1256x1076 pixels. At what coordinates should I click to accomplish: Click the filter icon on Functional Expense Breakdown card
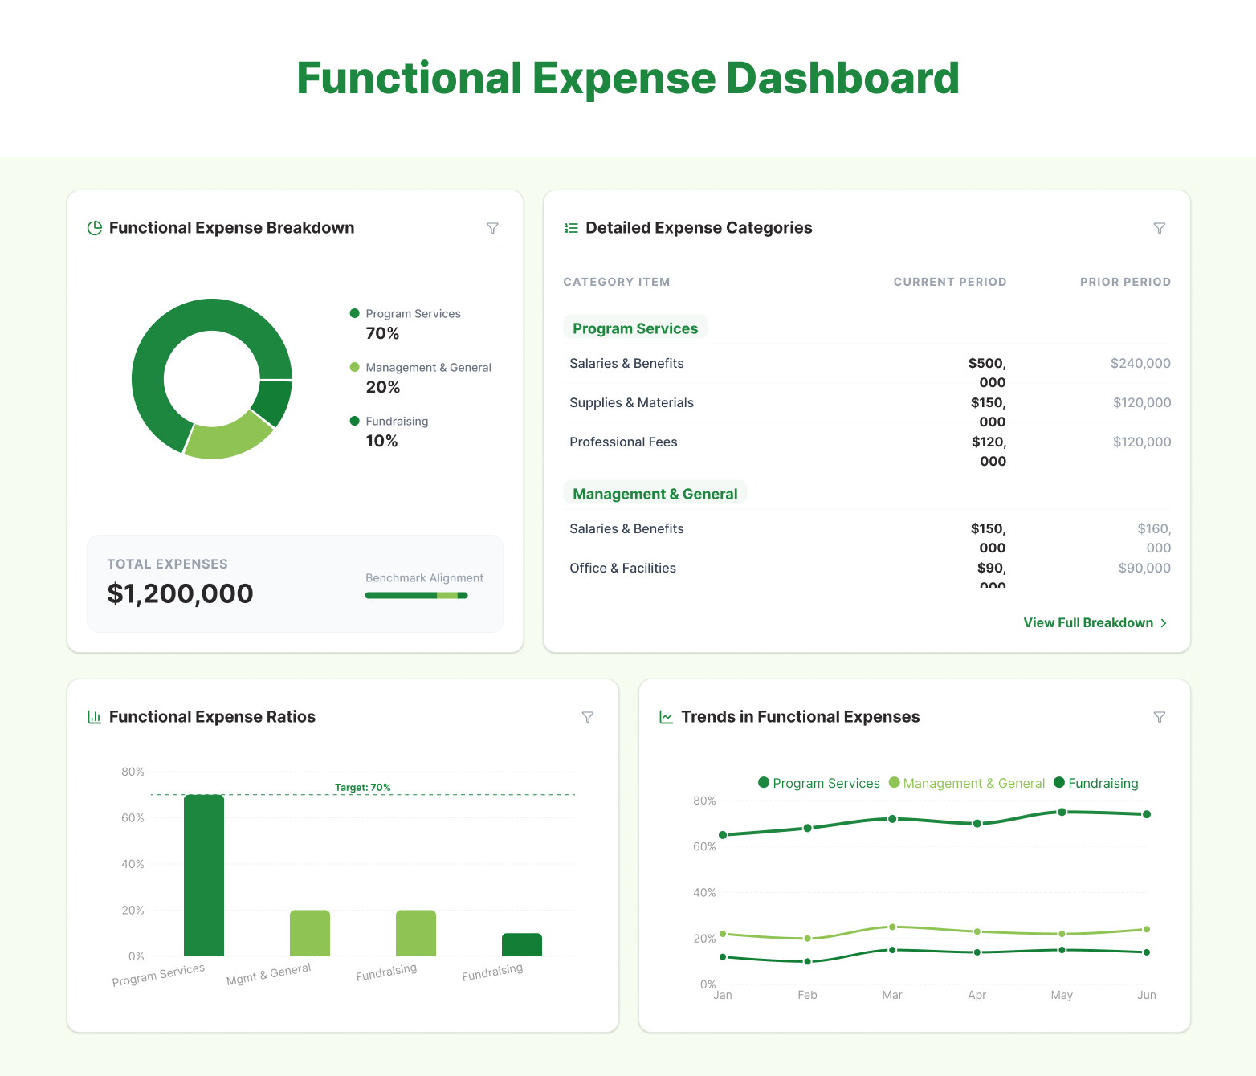(492, 228)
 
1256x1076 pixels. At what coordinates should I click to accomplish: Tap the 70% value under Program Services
(382, 333)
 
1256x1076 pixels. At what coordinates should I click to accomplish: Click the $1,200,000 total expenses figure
(180, 593)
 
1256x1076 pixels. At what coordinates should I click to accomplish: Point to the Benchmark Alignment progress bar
(416, 595)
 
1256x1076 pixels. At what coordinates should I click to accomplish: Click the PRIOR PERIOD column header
(1124, 282)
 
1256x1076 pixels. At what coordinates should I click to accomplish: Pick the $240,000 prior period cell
(1140, 363)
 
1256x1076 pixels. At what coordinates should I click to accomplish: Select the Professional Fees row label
(623, 442)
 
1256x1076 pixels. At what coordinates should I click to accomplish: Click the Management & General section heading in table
(655, 494)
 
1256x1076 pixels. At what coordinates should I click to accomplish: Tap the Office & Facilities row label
(622, 568)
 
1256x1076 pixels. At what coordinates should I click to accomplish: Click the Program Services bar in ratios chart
(204, 875)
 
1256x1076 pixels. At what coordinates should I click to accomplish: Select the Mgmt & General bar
(310, 933)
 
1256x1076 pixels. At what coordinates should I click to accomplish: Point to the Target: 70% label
(362, 787)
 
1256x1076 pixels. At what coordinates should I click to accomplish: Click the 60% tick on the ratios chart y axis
(133, 817)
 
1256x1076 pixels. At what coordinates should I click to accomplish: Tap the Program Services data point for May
(1062, 812)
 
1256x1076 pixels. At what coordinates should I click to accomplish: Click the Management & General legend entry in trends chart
(967, 783)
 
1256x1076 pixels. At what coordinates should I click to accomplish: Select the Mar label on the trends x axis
(891, 995)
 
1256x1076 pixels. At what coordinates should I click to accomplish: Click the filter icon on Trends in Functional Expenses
(1159, 717)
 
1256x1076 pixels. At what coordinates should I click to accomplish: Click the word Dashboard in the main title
(842, 79)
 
